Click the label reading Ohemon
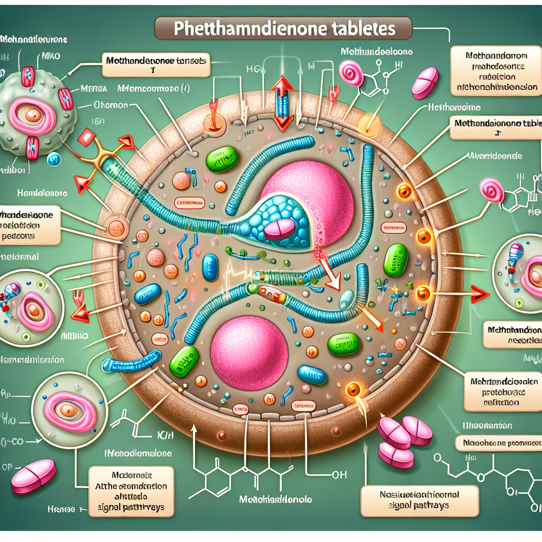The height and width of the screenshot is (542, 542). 110,105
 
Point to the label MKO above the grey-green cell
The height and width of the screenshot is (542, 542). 51,55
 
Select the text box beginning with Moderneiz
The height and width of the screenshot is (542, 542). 132,491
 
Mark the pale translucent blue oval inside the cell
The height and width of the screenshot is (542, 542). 345,300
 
